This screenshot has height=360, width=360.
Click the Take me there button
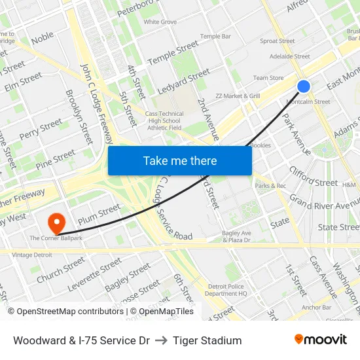pos(180,160)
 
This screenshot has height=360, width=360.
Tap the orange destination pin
pos(57,223)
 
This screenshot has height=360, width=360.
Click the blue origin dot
pos(304,86)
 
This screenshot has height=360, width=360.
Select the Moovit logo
pos(321,340)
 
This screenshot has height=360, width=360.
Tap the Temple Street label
pos(173,53)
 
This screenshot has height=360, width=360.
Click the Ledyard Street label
pos(184,81)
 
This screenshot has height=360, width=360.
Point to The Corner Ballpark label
pos(56,238)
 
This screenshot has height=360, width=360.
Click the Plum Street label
pos(99,215)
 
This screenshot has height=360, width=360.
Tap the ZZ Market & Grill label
pos(238,96)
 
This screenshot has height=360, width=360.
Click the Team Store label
pos(268,78)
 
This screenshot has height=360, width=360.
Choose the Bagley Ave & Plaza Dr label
pos(236,236)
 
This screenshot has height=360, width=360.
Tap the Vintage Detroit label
pos(31,255)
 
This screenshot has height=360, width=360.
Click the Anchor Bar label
pos(317,307)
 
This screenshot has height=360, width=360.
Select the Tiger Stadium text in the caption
pos(207,340)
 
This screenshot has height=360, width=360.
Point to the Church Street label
pos(61,269)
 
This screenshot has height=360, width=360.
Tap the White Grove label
pos(160,22)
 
